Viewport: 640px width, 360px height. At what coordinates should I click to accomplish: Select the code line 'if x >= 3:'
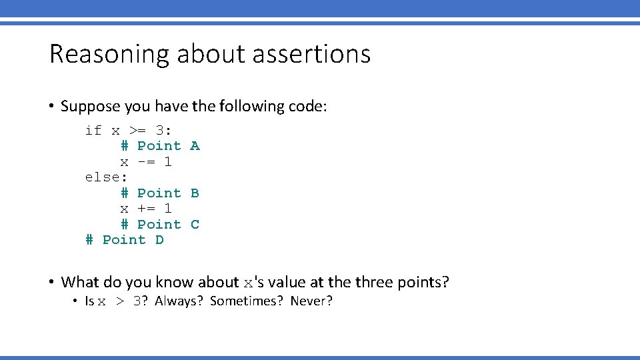(x=129, y=130)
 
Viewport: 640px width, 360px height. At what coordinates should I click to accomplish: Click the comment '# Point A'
(x=160, y=145)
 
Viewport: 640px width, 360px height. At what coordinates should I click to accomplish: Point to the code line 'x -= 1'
(x=146, y=161)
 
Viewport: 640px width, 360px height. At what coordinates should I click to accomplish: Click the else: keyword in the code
(x=106, y=177)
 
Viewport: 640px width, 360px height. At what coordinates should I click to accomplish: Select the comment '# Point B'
(x=160, y=193)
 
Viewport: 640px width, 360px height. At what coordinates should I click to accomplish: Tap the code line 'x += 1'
(x=146, y=209)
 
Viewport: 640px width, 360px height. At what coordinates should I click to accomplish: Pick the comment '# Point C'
(x=160, y=225)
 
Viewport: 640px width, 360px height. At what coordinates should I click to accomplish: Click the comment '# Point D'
(x=125, y=240)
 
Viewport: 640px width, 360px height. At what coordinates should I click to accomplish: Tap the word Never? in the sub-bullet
(x=311, y=301)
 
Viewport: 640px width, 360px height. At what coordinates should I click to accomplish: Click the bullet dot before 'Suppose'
(x=51, y=107)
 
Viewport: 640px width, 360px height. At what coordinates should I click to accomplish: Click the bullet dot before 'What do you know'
(x=51, y=283)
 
